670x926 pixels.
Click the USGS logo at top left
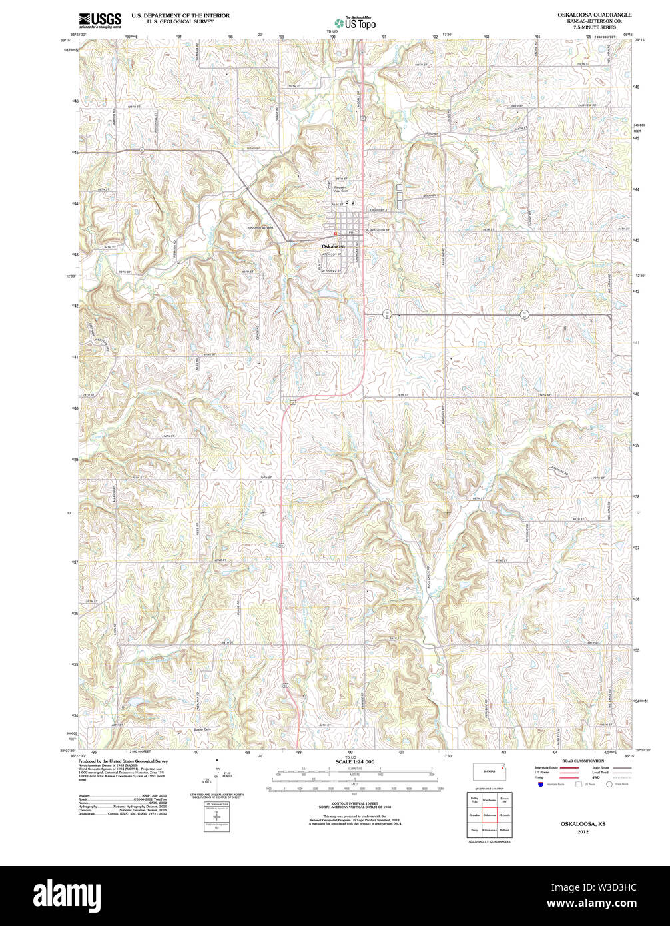(100, 20)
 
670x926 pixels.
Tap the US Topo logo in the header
(355, 23)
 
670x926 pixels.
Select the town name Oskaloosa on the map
(333, 246)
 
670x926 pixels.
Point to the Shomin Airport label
(260, 227)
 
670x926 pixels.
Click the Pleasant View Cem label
(341, 189)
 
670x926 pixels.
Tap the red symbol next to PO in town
(336, 233)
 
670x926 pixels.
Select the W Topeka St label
(332, 272)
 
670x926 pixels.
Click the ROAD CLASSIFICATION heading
(583, 761)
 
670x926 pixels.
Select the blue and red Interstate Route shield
(541, 784)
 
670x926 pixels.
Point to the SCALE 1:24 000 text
(354, 761)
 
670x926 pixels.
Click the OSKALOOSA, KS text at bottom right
(583, 824)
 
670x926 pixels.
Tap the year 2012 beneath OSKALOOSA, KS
(583, 832)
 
